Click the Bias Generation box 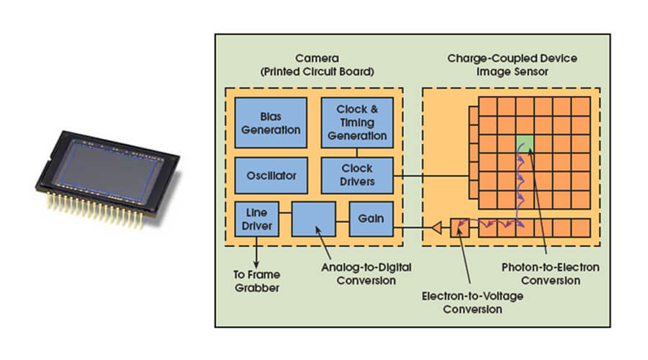tap(271, 123)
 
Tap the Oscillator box tap(271, 176)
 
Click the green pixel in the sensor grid tap(525, 143)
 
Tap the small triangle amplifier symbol tap(436, 229)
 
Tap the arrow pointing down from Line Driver tap(256, 255)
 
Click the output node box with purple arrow tap(459, 229)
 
